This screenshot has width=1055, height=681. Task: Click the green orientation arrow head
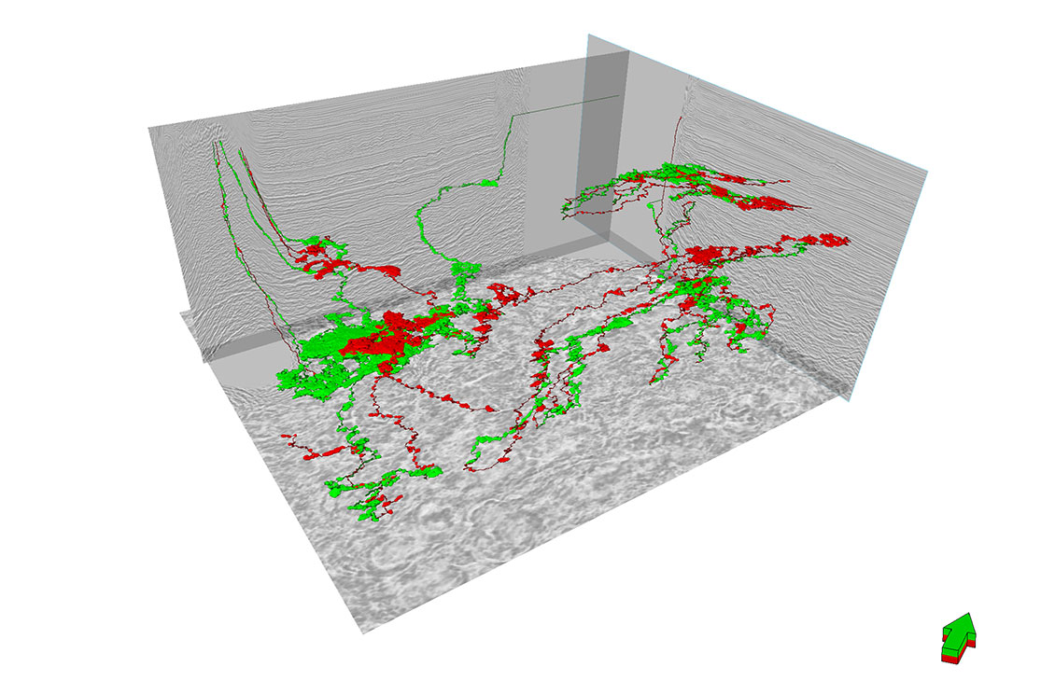pyautogui.click(x=959, y=627)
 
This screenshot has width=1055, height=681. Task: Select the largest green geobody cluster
pyautogui.click(x=322, y=359)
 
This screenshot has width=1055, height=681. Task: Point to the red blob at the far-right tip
pyautogui.click(x=836, y=240)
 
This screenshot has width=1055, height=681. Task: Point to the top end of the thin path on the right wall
pyautogui.click(x=681, y=118)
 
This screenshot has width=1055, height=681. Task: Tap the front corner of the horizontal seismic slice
pyautogui.click(x=362, y=632)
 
